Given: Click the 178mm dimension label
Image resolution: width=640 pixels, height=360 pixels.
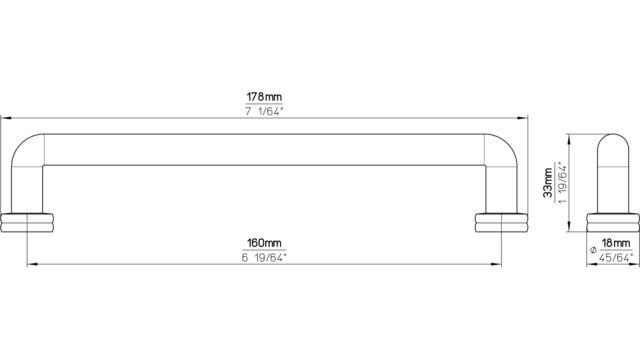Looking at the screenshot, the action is point(264,97).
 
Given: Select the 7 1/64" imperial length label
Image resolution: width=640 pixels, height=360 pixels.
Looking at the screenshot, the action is point(264,112).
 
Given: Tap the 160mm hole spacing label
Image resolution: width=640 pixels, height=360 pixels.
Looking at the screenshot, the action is point(264,243).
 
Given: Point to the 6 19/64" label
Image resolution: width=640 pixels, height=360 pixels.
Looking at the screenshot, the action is point(264,258).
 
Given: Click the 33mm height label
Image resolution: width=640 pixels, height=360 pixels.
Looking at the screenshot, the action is point(548,183).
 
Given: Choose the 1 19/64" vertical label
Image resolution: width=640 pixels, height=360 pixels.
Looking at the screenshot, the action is point(562,183).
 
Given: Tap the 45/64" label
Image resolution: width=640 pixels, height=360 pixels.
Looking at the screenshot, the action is point(616,258).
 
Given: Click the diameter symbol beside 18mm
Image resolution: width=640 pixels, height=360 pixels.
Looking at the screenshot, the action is point(593,250).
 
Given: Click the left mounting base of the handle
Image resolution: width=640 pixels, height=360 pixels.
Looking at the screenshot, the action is point(27,223).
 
